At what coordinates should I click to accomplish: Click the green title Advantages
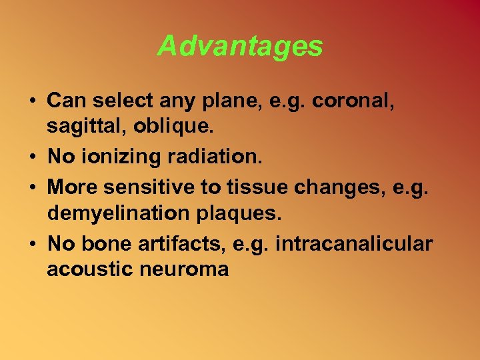(x=240, y=47)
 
